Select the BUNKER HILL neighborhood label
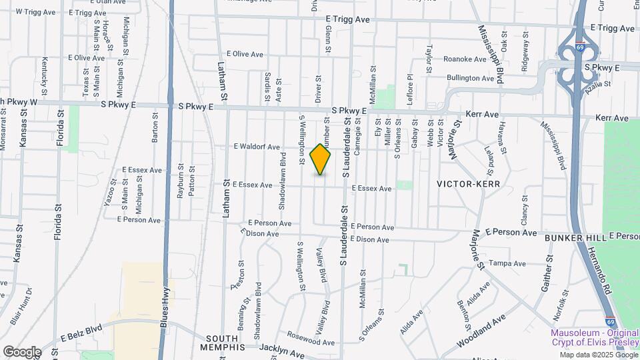575,237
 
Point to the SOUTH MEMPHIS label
223,339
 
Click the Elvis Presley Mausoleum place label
594,337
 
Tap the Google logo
22,351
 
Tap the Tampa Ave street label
508,263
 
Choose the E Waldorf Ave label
257,147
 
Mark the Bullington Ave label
470,78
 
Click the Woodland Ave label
481,333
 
